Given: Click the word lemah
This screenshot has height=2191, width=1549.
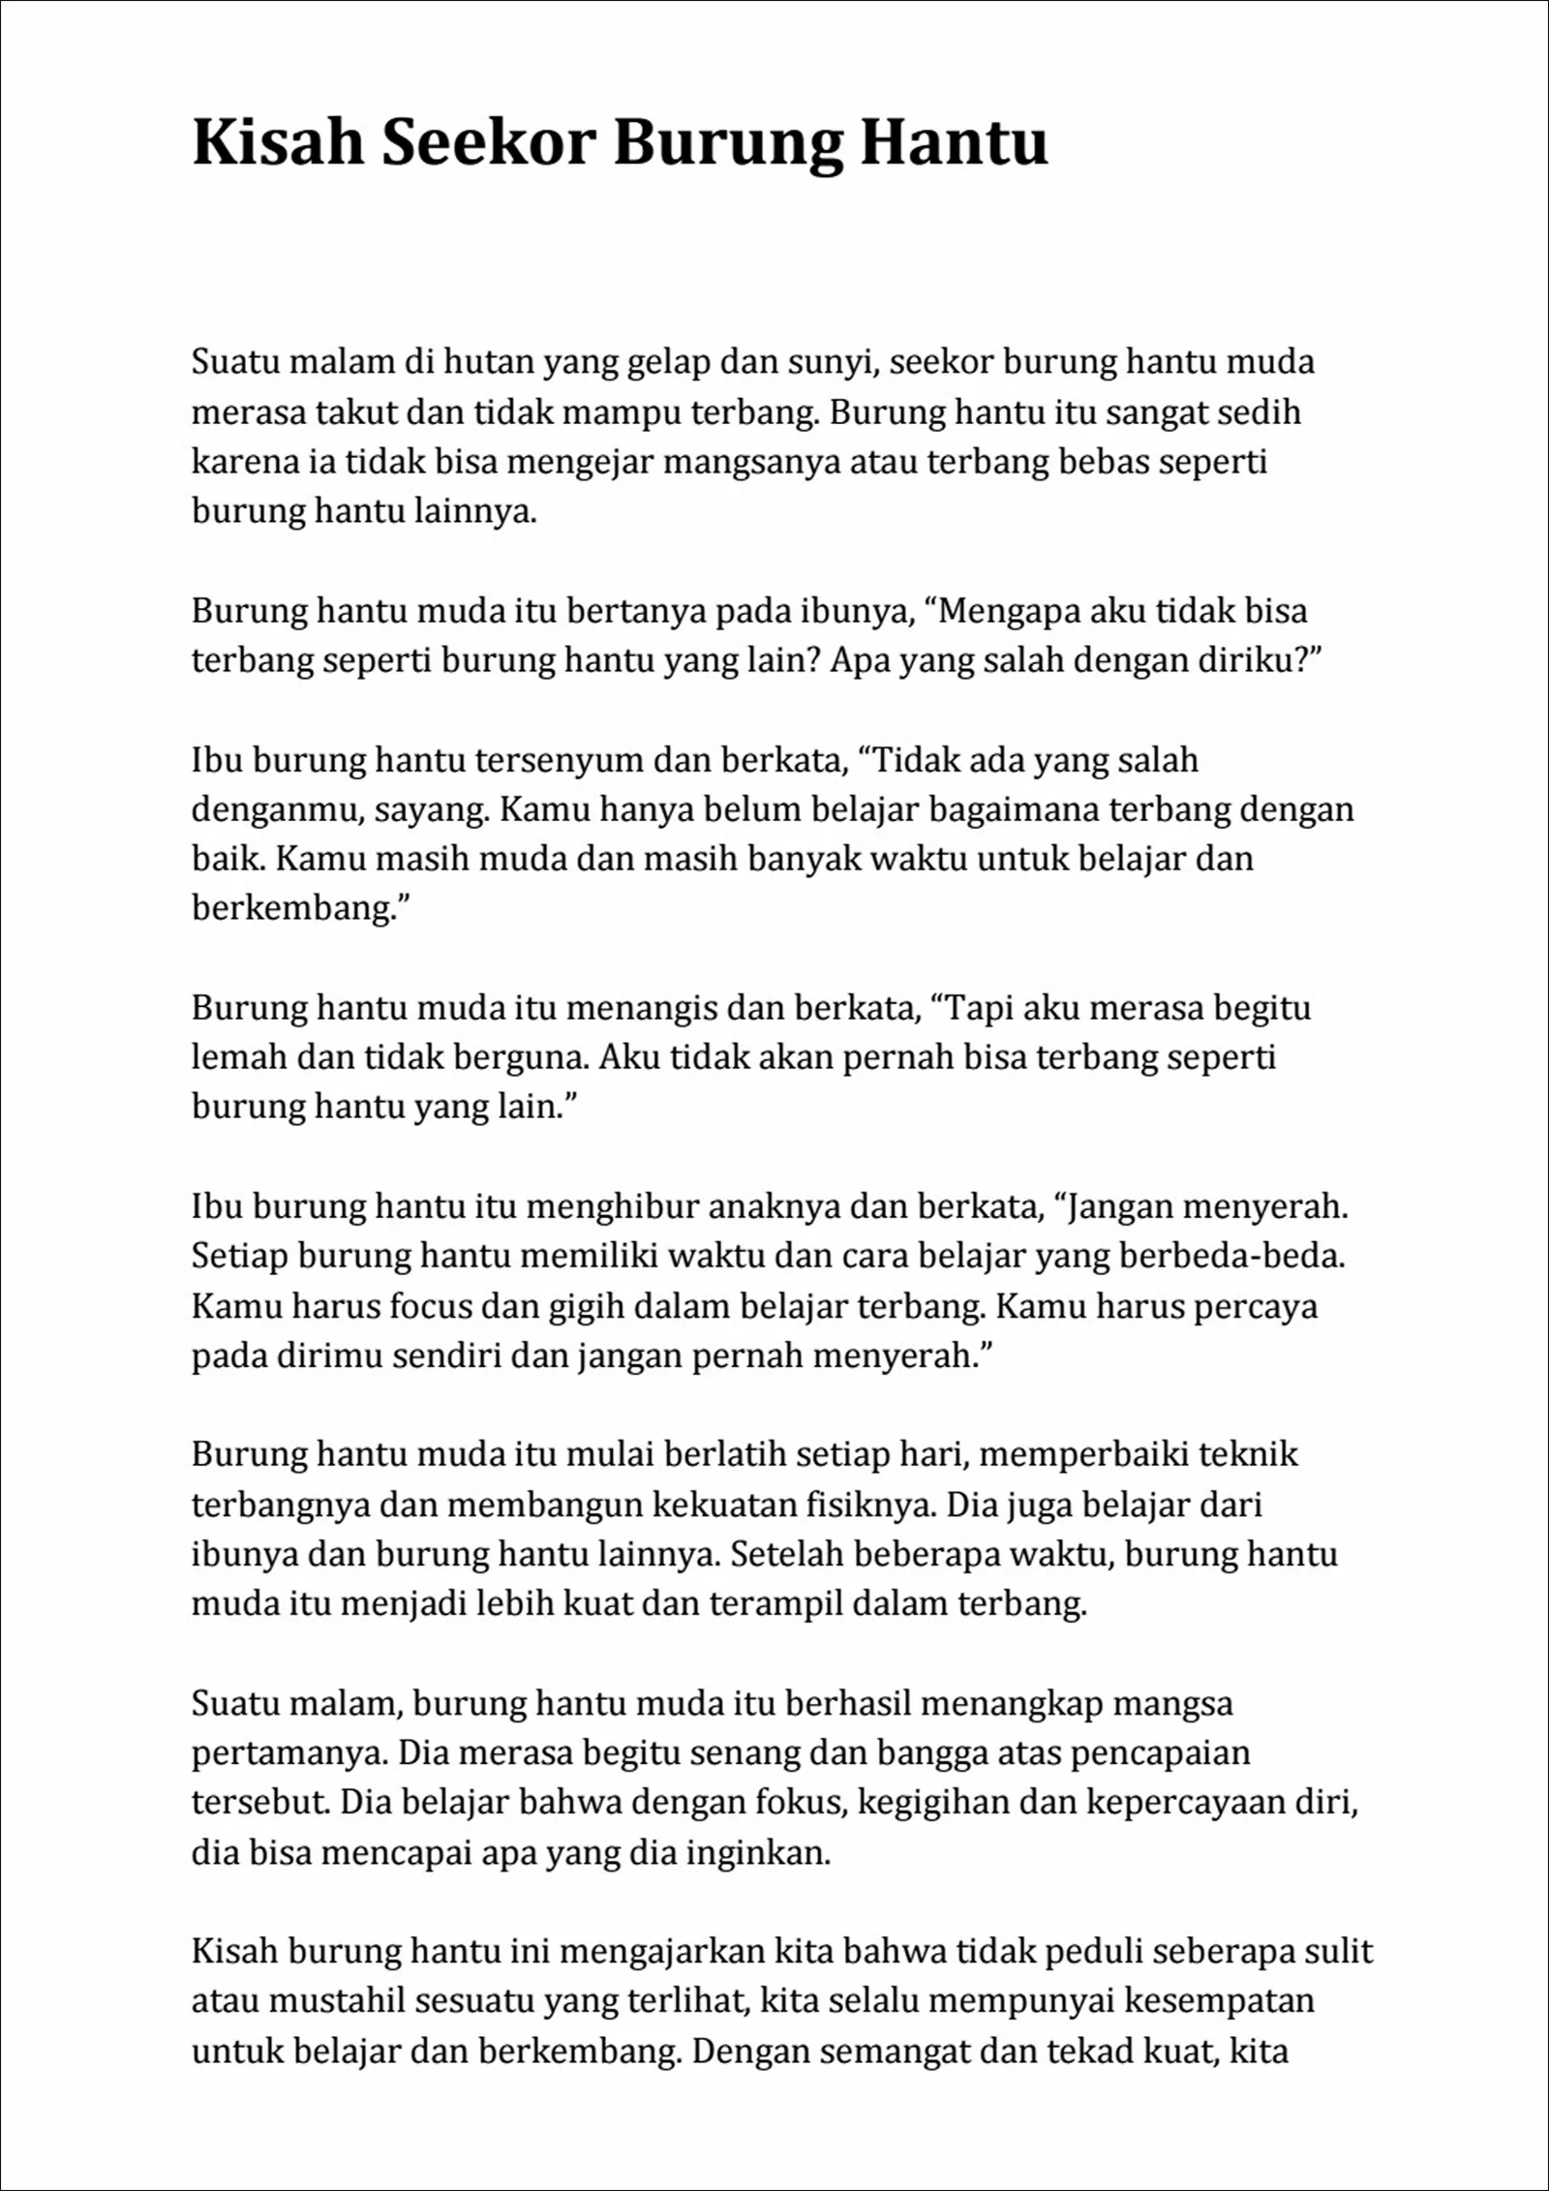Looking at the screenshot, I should tap(238, 1057).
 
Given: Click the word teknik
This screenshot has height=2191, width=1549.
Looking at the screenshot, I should tap(1248, 1454).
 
